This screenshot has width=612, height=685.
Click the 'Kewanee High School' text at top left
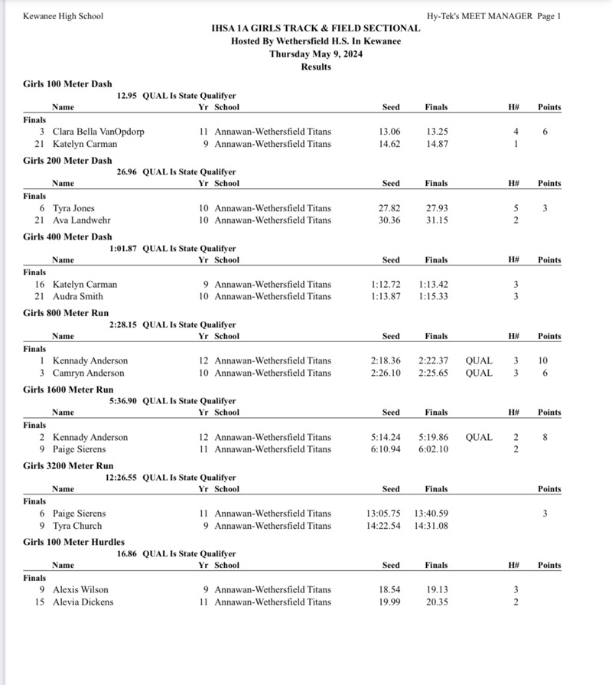(x=63, y=16)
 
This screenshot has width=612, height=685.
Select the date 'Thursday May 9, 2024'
(x=315, y=54)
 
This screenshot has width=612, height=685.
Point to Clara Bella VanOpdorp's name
(x=98, y=132)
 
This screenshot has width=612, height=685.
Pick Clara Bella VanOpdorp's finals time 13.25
(x=437, y=132)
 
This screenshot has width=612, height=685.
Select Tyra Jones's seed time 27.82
(x=390, y=208)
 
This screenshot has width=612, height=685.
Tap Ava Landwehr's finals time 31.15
(x=437, y=220)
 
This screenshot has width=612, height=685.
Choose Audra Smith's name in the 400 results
(x=77, y=297)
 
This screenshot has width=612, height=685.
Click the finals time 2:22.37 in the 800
(x=434, y=361)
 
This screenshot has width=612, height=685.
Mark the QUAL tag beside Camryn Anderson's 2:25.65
(x=479, y=373)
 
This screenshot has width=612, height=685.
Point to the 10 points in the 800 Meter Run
(x=544, y=361)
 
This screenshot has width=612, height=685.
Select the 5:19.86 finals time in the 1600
(x=434, y=438)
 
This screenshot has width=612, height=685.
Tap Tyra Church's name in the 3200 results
(x=76, y=527)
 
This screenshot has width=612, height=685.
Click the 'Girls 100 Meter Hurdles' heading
(x=73, y=543)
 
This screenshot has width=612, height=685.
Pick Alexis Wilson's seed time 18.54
(x=390, y=590)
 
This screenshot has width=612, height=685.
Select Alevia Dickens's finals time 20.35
(x=437, y=602)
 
